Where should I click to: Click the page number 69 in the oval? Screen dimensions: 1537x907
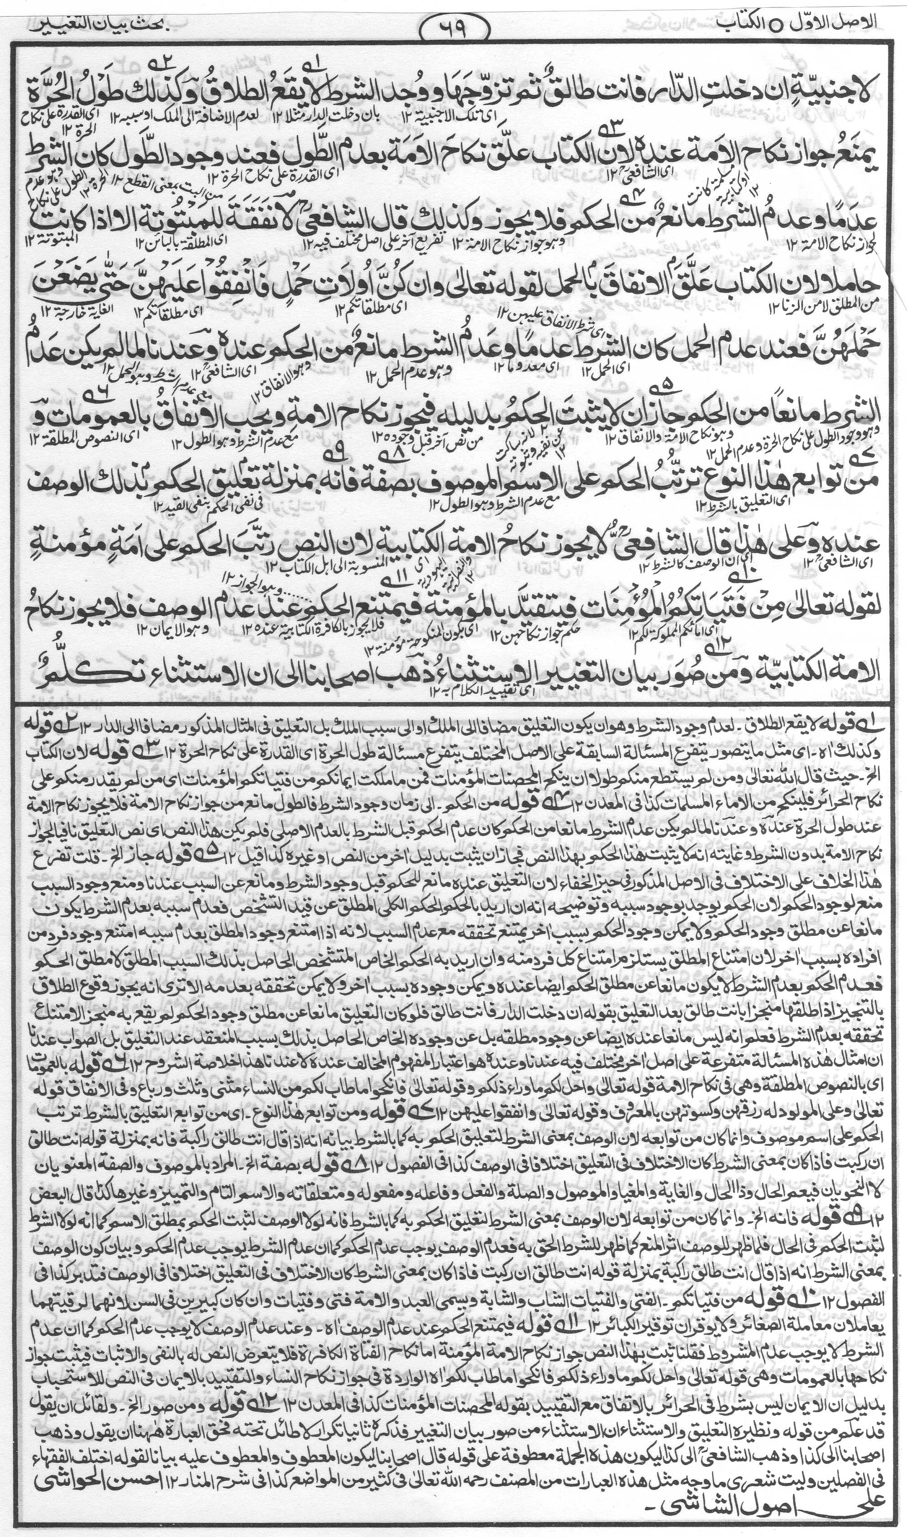pos(453,26)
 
